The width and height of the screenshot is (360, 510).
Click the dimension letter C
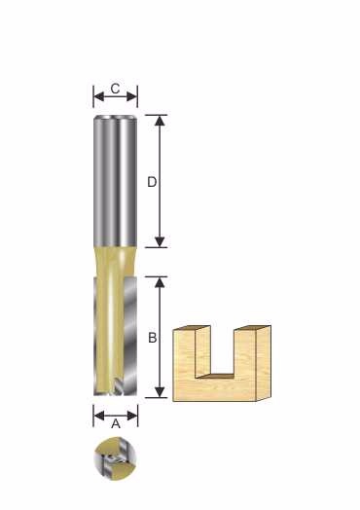(x=115, y=89)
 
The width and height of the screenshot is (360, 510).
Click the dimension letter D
(x=152, y=182)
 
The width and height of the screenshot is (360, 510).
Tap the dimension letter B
(x=152, y=338)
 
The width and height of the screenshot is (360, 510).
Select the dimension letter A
(x=116, y=423)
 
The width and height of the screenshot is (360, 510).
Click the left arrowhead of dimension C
(x=98, y=96)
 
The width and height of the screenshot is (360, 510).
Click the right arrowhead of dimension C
(x=132, y=96)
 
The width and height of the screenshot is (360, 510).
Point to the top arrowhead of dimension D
(x=160, y=121)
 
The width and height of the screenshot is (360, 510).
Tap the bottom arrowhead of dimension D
(x=160, y=241)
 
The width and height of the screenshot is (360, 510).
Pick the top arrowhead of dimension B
(x=160, y=282)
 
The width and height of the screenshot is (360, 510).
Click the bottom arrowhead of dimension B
(x=160, y=392)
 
